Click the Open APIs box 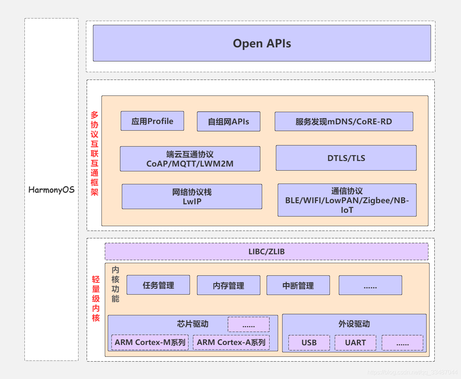coord(262,43)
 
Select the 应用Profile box coord(152,121)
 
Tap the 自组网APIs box coord(228,121)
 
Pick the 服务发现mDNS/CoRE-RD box coord(344,121)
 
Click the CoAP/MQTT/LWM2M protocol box coord(190,159)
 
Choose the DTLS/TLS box coord(346,158)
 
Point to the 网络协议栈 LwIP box coord(192,197)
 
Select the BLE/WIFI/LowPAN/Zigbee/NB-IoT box coord(347,200)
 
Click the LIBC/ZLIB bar coord(267,251)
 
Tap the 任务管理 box coord(158,285)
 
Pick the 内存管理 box coord(228,285)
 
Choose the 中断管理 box coord(298,285)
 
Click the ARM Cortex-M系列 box coord(150,342)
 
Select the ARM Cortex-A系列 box coord(231,342)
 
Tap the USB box coord(309,342)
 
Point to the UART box coord(355,342)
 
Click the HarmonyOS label coord(51,190)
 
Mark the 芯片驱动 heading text coord(193,324)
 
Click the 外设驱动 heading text coord(354,324)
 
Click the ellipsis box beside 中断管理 coord(370,285)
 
